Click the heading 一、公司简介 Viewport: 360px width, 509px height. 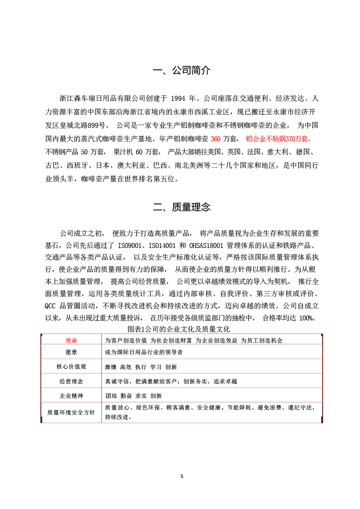(x=181, y=71)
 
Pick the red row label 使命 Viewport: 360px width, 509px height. (x=72, y=340)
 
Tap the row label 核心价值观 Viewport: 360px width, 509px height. (x=72, y=366)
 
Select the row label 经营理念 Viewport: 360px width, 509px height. (x=72, y=381)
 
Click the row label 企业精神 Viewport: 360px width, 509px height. (x=72, y=396)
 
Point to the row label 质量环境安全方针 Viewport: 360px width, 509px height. (x=72, y=412)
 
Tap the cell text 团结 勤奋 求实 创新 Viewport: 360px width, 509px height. (x=133, y=396)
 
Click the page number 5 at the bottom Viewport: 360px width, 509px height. (x=181, y=476)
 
